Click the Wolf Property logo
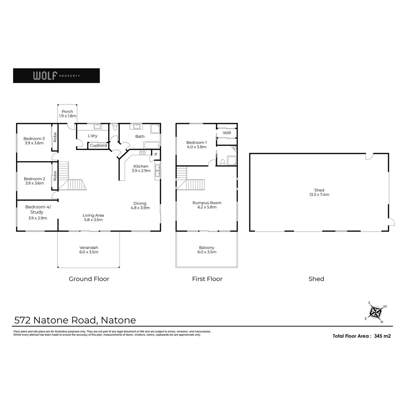click(x=56, y=75)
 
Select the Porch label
click(x=68, y=114)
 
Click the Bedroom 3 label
click(x=34, y=141)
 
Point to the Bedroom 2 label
click(x=34, y=181)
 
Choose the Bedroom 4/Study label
click(x=38, y=212)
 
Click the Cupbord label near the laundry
click(x=99, y=146)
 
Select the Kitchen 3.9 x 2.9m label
click(x=141, y=168)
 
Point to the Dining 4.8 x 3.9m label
click(x=140, y=206)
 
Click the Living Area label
click(x=93, y=218)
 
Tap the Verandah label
click(x=89, y=250)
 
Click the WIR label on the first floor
click(x=227, y=133)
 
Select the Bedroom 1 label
click(x=196, y=144)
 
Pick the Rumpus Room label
click(x=207, y=205)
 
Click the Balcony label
click(x=207, y=250)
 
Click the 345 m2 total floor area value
click(x=382, y=336)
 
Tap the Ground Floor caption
click(x=89, y=279)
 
